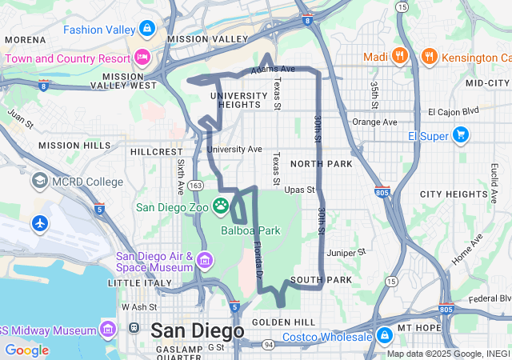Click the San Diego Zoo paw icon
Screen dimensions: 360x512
click(221, 206)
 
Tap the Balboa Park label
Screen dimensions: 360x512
click(250, 230)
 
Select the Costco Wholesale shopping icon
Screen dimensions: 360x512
click(384, 334)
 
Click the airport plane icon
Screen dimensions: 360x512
click(40, 223)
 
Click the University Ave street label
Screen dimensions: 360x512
click(234, 149)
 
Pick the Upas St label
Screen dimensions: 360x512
click(299, 190)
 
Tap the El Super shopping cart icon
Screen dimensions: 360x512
click(461, 135)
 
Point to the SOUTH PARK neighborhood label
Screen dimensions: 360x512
click(321, 279)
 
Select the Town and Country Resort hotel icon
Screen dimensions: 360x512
click(142, 57)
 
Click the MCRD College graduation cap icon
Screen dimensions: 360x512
click(39, 182)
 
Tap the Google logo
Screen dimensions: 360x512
click(26, 350)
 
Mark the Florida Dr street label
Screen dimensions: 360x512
click(258, 258)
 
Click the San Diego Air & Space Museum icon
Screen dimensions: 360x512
click(205, 260)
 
